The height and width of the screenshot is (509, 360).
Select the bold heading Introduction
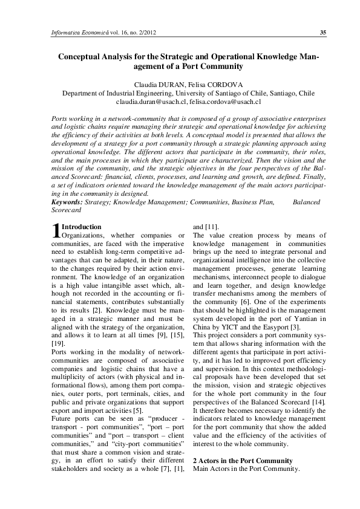pyautogui.click(x=82, y=226)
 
